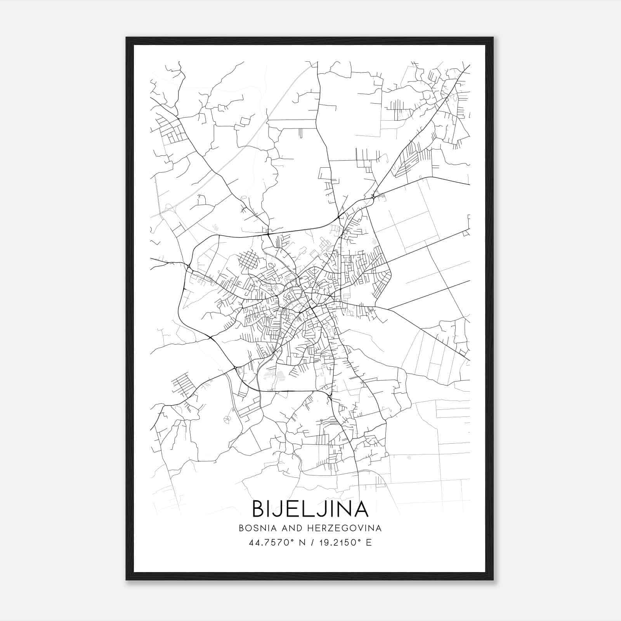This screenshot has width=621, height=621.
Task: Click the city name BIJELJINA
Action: pos(310,508)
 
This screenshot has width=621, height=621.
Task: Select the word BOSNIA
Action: pos(258,528)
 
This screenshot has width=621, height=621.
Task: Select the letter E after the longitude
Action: pos(369,543)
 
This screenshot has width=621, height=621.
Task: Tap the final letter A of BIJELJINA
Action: pos(361,508)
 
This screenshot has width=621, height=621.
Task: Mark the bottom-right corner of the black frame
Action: pos(493,580)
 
